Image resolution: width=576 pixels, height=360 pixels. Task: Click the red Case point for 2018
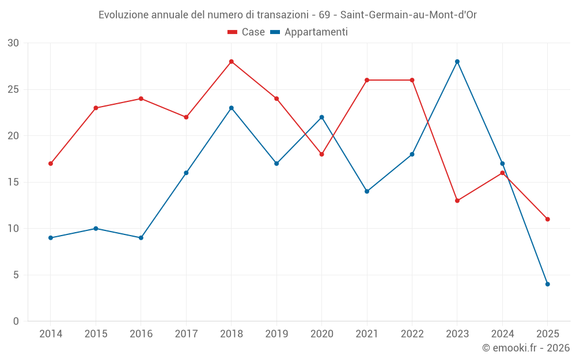[232, 62]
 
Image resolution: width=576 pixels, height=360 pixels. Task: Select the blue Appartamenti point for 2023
[457, 62]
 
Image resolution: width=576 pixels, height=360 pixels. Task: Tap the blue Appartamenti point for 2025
[548, 284]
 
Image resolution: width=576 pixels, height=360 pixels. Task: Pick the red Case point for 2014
[51, 164]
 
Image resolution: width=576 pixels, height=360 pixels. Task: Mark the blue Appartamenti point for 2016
[141, 238]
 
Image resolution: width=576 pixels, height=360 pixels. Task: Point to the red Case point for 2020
[322, 154]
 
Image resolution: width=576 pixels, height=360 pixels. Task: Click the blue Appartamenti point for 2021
[367, 191]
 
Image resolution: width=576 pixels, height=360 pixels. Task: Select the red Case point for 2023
[457, 200]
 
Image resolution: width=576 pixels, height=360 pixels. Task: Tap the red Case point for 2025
[548, 219]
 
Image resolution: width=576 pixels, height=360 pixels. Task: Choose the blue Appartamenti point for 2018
[232, 108]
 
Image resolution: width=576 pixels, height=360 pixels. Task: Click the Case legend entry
[247, 32]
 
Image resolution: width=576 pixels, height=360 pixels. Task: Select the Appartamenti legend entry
[309, 32]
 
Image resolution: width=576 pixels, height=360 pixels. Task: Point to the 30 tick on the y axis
[13, 43]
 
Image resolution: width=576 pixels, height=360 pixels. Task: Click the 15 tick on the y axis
[13, 182]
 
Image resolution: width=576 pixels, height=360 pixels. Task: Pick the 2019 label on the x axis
[276, 334]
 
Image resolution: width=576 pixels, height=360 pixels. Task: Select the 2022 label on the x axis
[412, 334]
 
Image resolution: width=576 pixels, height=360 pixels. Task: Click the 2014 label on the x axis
[51, 334]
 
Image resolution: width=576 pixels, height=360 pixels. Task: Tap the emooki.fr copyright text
[526, 348]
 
